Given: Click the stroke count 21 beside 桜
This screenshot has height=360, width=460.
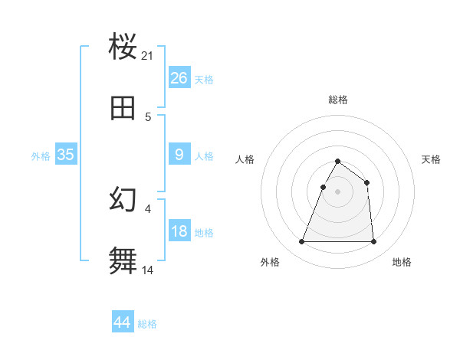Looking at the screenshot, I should [x=148, y=56].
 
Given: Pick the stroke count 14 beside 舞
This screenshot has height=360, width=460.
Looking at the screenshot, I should [x=148, y=270].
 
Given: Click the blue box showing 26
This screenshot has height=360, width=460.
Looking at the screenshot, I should [x=179, y=78].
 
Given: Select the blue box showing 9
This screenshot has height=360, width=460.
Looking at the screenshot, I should [x=179, y=155].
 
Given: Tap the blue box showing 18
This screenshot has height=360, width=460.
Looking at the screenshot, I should [x=179, y=231].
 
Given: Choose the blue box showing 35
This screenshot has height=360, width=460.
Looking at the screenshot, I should [x=66, y=155].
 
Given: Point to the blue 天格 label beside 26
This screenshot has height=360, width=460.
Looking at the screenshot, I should [x=204, y=80].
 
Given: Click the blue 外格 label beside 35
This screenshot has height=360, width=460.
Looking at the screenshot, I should [x=41, y=156].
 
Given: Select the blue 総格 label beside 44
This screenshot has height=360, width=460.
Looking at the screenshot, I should [x=147, y=324].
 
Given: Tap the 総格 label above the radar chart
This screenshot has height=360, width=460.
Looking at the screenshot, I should [x=338, y=100].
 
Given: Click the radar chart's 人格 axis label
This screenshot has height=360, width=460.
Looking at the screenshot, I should [x=245, y=159].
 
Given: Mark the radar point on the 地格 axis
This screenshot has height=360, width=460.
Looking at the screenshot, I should [x=373, y=242].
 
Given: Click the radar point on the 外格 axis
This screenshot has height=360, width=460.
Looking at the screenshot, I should [x=302, y=242].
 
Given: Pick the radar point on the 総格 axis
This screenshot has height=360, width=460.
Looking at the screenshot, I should [x=337, y=162].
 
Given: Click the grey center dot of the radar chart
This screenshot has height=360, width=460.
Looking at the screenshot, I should [x=337, y=192].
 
